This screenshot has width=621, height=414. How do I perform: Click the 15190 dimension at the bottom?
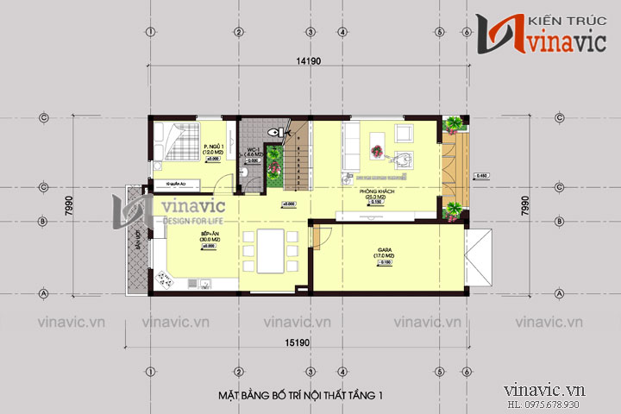299,343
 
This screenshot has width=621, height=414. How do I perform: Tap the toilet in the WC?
274,134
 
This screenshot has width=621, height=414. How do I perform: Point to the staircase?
297,160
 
